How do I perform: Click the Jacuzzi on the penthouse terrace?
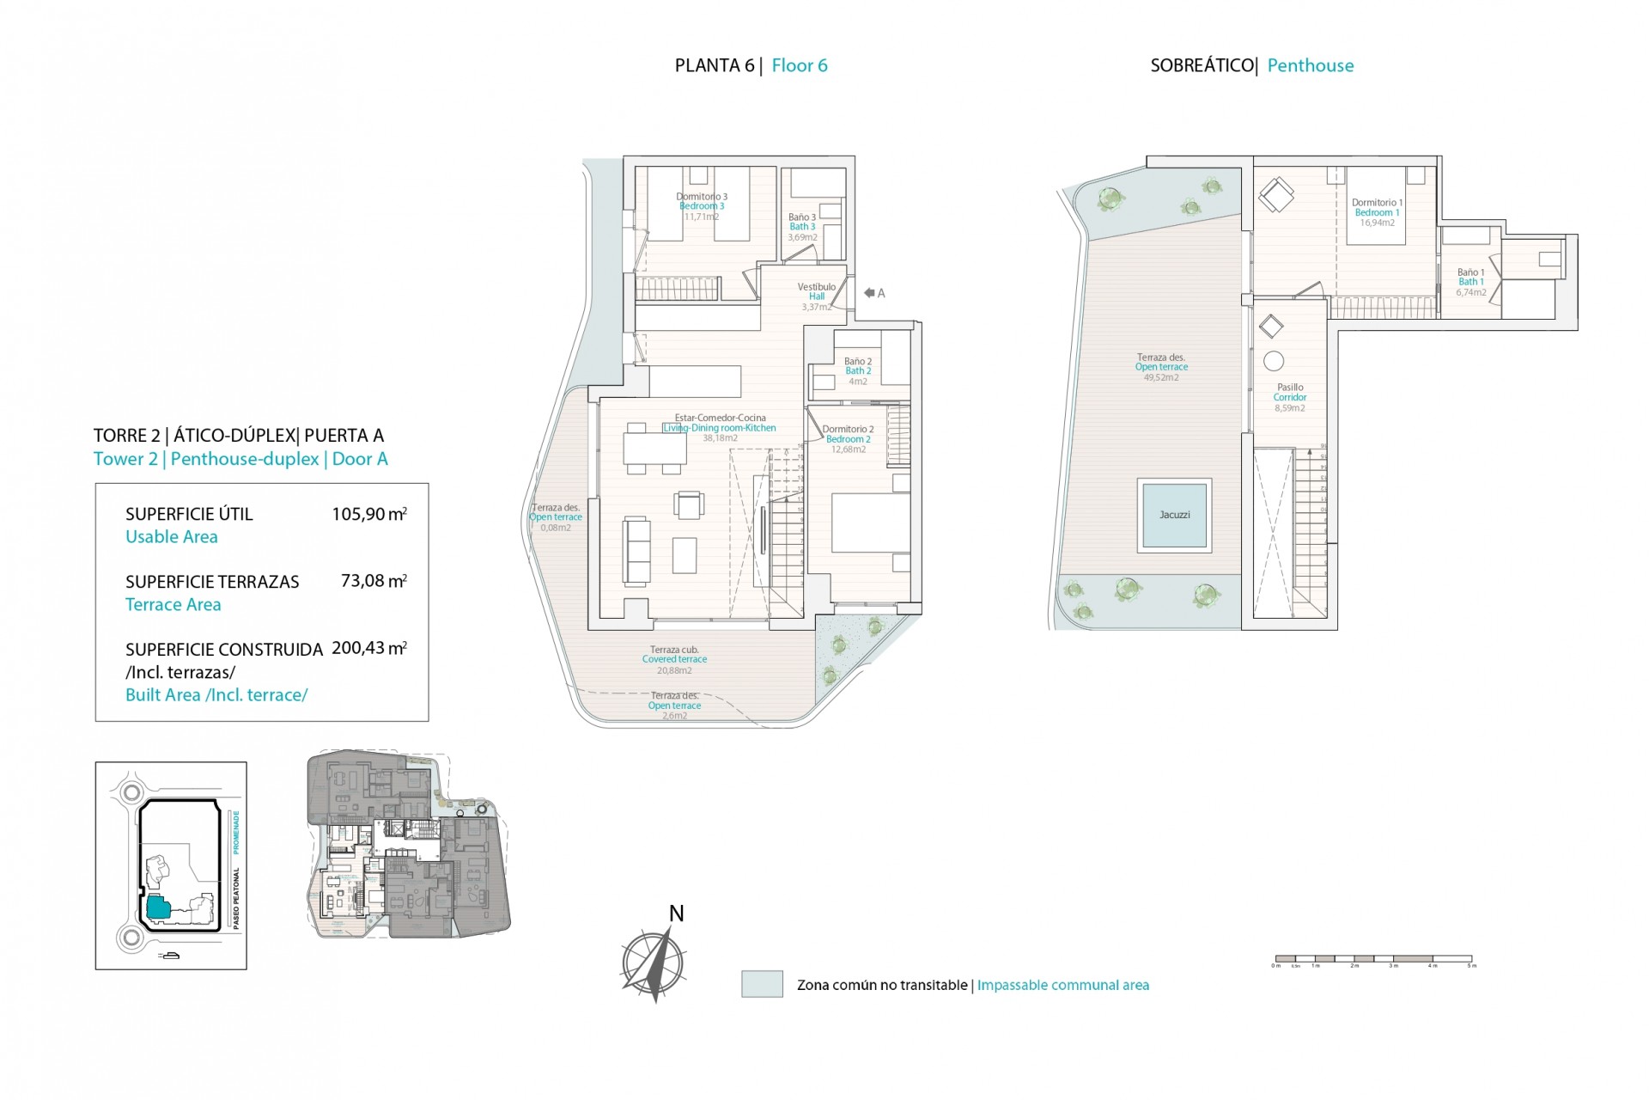[1174, 515]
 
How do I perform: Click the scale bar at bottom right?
[1373, 958]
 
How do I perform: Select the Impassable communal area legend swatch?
[762, 984]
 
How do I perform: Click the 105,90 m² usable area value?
[369, 515]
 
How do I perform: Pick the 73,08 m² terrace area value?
[374, 581]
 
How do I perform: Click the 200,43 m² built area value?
[369, 648]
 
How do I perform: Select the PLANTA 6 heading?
[714, 65]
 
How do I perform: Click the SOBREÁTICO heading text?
[1202, 65]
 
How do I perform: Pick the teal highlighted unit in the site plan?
[157, 907]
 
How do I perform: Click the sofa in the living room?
[636, 550]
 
